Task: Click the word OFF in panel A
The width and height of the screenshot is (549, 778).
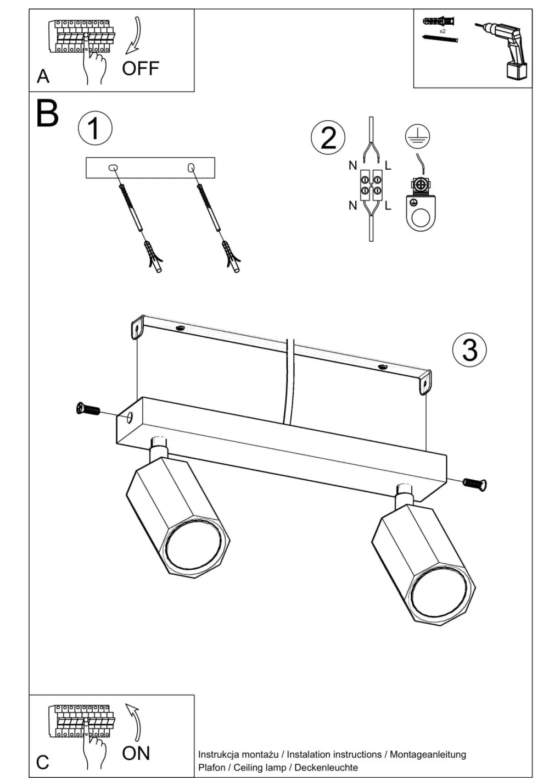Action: coord(141,69)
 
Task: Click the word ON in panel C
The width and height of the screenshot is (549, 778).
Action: coord(136,753)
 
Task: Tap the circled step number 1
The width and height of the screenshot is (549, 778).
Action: coord(94,129)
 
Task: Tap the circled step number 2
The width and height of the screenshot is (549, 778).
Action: coord(328,137)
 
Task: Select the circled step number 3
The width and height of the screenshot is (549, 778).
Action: coord(469,349)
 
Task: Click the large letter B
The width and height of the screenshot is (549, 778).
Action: coord(47,113)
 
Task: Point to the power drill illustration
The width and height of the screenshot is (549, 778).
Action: coord(506,48)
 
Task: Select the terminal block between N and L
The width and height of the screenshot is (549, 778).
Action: coord(371,185)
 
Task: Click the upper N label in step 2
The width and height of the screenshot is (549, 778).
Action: coord(353,165)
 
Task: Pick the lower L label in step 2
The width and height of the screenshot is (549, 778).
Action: coord(388,206)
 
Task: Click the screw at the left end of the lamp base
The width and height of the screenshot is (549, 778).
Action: coord(88,409)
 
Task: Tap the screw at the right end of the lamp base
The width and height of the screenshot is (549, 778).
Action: coord(475,484)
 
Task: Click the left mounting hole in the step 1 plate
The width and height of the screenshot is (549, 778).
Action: coord(114,167)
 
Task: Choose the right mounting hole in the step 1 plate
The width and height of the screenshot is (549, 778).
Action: coord(192,166)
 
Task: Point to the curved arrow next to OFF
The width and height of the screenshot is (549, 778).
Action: coord(134,36)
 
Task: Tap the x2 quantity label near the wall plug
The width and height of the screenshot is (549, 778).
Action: coord(442,31)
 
